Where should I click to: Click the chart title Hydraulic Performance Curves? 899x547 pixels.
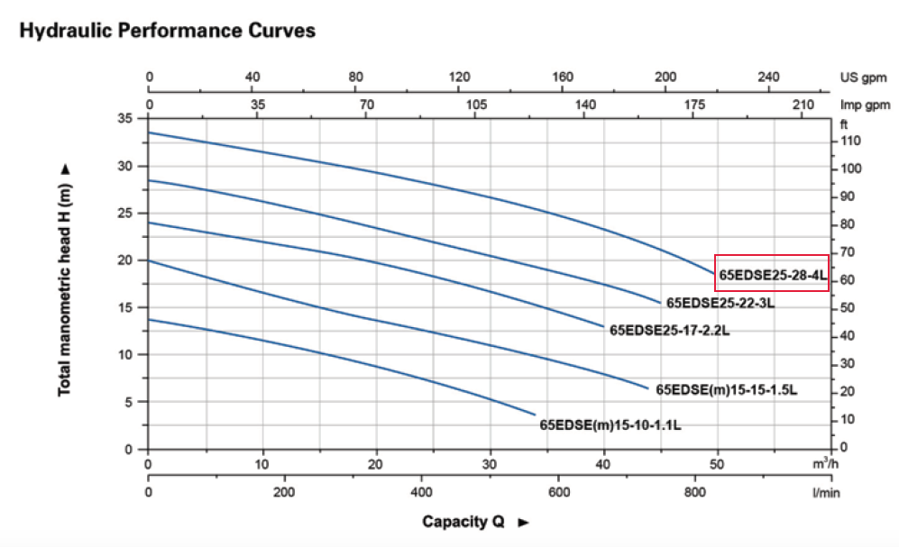(x=168, y=31)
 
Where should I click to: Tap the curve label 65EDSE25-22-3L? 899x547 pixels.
(x=720, y=303)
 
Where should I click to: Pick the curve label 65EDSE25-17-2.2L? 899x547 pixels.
(x=669, y=331)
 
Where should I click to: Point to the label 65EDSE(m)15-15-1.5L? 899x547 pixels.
(x=727, y=389)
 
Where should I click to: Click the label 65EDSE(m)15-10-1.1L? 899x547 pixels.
(x=610, y=424)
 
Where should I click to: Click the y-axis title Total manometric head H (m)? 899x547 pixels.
(x=65, y=280)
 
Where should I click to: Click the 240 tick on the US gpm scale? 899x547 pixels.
(x=769, y=77)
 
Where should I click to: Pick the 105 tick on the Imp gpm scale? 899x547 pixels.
(x=476, y=105)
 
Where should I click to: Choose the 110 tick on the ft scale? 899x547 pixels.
(x=850, y=141)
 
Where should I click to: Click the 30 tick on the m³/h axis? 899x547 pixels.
(x=491, y=465)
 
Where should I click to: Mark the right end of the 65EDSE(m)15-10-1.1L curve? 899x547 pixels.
(x=536, y=415)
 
